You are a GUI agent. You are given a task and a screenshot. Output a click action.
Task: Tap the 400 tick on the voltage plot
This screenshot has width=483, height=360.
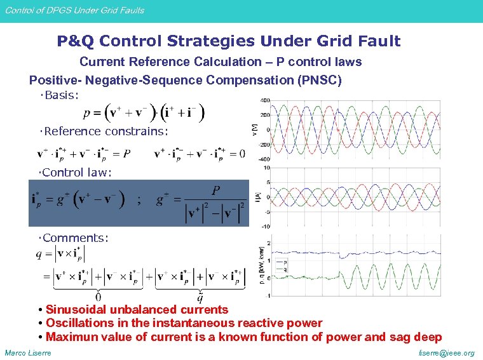coord(265,100)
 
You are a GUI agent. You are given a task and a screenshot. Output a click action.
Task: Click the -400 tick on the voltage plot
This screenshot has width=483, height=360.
coord(264,159)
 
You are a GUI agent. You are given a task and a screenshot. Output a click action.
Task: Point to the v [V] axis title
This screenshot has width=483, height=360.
coord(255,130)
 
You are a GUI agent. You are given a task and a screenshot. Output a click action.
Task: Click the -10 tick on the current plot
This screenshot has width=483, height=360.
coord(266,226)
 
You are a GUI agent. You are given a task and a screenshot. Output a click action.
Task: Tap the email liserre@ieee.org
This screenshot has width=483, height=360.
coord(447,352)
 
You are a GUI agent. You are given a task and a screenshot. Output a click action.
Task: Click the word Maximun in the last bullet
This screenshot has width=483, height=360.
coord(69,337)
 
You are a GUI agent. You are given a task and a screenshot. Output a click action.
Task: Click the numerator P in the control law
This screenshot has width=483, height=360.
coord(217,191)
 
